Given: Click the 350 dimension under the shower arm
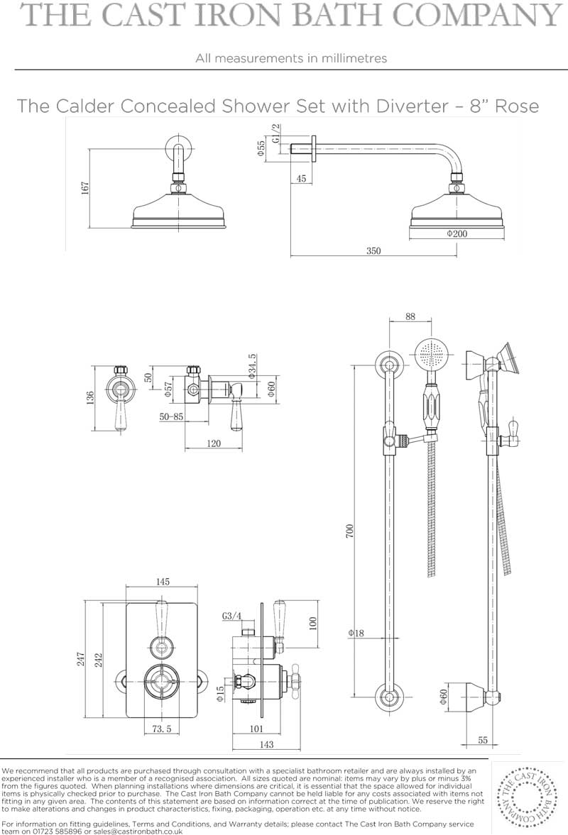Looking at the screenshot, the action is [373, 251].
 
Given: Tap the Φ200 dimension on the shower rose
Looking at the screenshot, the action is [457, 233].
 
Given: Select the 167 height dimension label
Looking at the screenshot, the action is [84, 188].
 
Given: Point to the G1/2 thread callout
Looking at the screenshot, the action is [275, 133].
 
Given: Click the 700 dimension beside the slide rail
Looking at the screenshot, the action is [349, 531].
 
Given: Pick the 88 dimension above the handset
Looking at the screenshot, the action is [410, 316].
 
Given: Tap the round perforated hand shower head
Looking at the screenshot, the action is [432, 353].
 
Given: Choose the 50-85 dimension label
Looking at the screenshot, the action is [171, 416].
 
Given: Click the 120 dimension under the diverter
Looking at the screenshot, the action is [213, 443].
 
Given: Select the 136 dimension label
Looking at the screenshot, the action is [90, 397].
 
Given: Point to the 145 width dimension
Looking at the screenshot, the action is [163, 582].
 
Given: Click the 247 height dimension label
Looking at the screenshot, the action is [80, 659].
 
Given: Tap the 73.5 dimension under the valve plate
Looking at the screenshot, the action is [161, 729].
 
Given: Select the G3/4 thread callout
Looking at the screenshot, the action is [231, 616].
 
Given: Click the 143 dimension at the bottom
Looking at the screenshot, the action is [266, 744].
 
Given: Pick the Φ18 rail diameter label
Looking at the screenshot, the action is [356, 634].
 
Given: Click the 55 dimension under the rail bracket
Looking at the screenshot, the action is [483, 740].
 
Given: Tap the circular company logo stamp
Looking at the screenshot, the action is [527, 797].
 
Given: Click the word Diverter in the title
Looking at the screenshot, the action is [413, 106].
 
